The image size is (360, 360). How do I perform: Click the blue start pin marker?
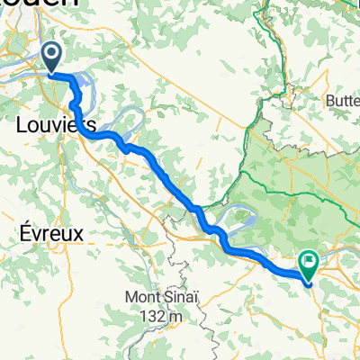[x=52, y=57]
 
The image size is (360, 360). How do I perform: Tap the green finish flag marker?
[x=309, y=264]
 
